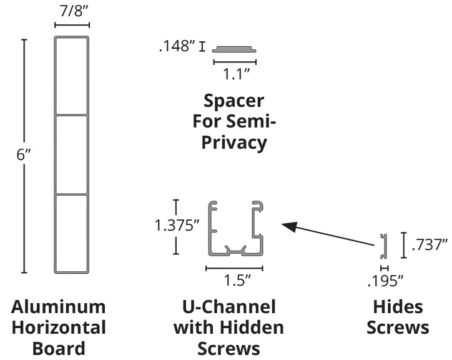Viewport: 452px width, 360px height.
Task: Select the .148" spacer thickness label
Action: click(178, 46)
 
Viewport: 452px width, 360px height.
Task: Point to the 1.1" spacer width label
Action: click(237, 74)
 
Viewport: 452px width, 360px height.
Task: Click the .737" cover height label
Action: click(430, 245)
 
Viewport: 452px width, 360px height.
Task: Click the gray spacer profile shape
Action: click(234, 49)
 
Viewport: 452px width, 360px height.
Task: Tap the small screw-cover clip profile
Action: click(384, 244)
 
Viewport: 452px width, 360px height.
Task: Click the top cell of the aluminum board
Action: click(71, 76)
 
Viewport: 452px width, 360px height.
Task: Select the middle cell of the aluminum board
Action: click(71, 154)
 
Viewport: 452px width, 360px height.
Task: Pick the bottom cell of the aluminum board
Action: click(71, 232)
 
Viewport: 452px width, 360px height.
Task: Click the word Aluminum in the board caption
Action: click(59, 307)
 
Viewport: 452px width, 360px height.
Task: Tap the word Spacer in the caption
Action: click(233, 101)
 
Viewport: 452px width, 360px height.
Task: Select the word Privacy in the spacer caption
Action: click(233, 142)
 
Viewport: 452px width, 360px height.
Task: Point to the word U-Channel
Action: click(228, 307)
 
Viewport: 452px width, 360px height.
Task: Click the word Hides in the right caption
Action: click(397, 307)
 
